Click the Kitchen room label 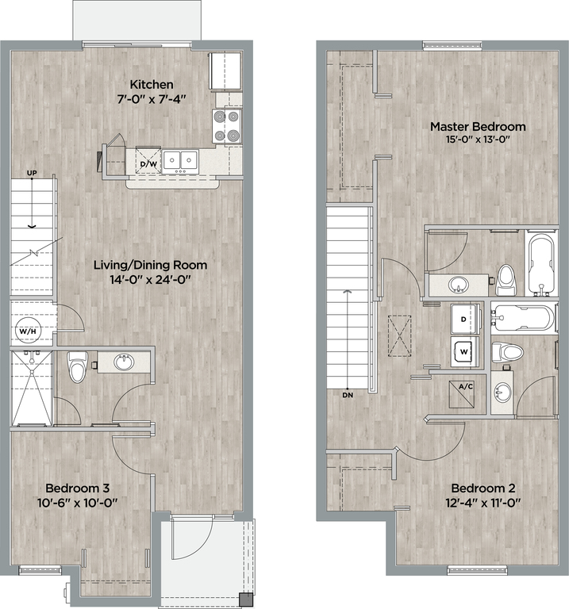pos(152,84)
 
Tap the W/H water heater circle pos(28,331)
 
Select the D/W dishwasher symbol pos(148,160)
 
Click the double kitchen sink pos(180,160)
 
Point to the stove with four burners pos(227,126)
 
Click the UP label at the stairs pos(32,173)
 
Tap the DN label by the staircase pos(348,395)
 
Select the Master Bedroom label pos(478,127)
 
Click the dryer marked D pos(465,319)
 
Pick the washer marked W pos(465,351)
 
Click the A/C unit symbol pos(461,394)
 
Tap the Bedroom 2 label pos(482,488)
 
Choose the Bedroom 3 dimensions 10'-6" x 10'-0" pos(77,503)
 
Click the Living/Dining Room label pos(150,265)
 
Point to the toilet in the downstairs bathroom pos(77,366)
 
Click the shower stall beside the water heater pos(32,388)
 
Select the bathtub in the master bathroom pos(541,263)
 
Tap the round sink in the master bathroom pos(459,284)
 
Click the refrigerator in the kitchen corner pos(225,71)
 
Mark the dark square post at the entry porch pos(246,599)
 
